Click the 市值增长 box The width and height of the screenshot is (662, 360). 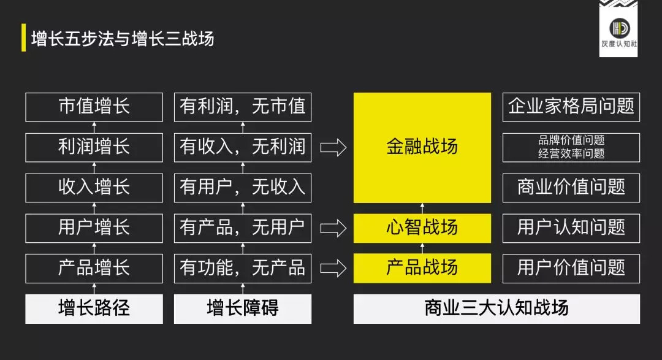94,107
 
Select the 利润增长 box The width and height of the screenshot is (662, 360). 94,147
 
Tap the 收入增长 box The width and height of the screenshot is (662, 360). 94,188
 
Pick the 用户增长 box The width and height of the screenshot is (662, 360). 94,228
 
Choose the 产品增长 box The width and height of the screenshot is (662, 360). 94,268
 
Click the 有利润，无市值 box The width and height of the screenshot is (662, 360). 243,107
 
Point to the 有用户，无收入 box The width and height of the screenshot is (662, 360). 243,188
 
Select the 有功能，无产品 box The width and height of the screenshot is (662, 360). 243,268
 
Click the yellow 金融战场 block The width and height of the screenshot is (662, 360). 422,147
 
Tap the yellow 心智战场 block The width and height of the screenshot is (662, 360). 422,228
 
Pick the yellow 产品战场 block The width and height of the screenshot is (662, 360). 422,268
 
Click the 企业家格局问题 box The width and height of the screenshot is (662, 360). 571,107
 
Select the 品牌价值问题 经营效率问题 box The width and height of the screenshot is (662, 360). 571,147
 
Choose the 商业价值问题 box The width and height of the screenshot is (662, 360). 571,188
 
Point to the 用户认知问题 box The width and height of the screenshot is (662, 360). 571,228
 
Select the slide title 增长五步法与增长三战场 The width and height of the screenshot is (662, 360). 123,38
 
